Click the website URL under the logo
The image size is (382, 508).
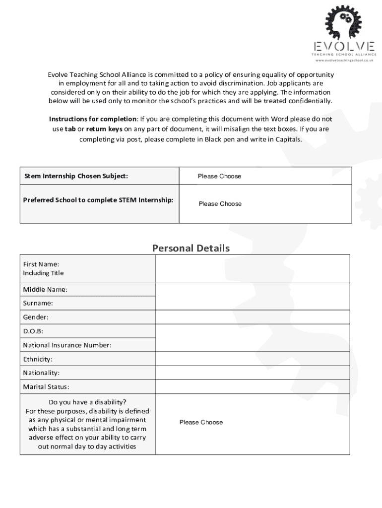click(x=344, y=61)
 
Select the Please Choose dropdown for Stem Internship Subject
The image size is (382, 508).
click(x=219, y=176)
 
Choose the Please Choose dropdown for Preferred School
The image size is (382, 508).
click(x=220, y=204)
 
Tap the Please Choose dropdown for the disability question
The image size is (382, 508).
click(x=201, y=422)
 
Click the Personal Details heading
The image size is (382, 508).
click(x=191, y=248)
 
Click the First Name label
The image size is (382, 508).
click(x=41, y=264)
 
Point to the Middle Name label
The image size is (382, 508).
click(x=45, y=289)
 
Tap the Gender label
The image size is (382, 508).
click(x=36, y=317)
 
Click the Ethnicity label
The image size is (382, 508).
click(x=38, y=359)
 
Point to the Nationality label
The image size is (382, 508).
click(x=41, y=373)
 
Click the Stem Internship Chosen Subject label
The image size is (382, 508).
click(x=76, y=176)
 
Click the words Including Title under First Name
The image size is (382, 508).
click(x=43, y=273)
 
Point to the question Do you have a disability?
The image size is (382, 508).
click(x=87, y=402)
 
